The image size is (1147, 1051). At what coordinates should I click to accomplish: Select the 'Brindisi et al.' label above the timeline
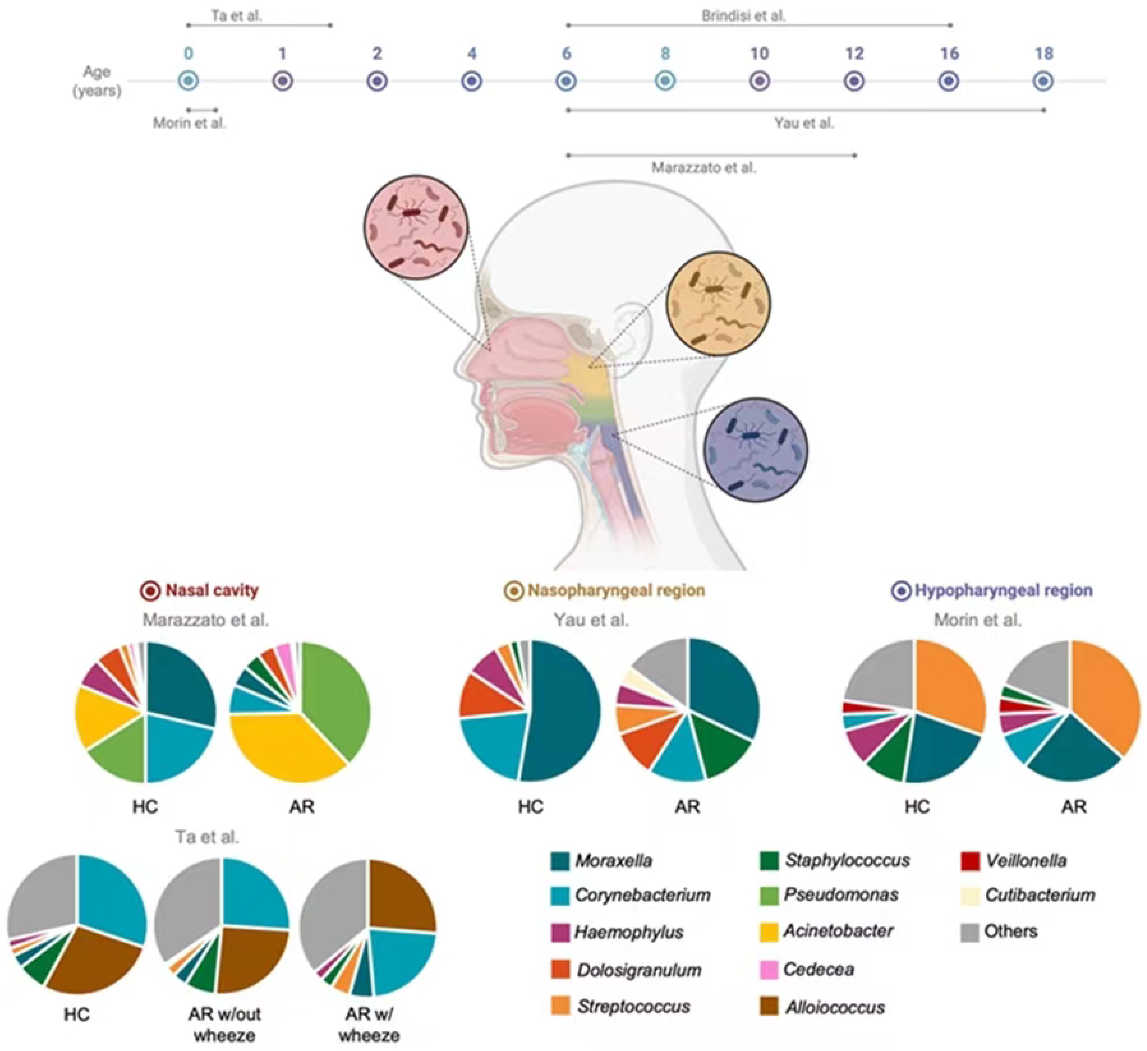pos(743,16)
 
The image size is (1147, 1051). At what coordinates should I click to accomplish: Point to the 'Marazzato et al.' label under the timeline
pos(704,168)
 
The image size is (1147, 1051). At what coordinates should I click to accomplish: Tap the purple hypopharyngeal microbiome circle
pos(756,449)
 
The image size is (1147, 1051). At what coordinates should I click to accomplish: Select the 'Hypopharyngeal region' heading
pos(1003,590)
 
